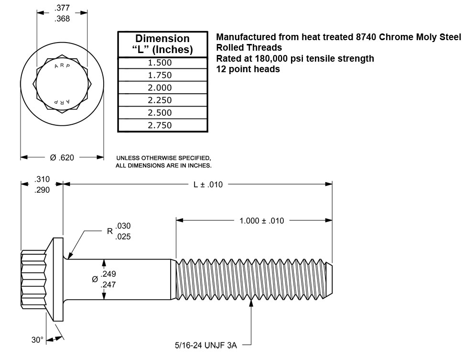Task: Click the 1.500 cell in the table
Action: pyautogui.click(x=163, y=63)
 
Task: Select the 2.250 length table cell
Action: pyautogui.click(x=163, y=100)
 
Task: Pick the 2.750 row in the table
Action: pyautogui.click(x=163, y=125)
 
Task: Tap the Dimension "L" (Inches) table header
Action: pyautogui.click(x=163, y=44)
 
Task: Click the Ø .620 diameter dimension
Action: pyautogui.click(x=62, y=157)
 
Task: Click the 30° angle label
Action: pyautogui.click(x=37, y=340)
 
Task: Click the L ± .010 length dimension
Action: pyautogui.click(x=208, y=185)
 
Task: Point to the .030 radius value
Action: pyautogui.click(x=123, y=226)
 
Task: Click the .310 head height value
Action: pyautogui.click(x=42, y=180)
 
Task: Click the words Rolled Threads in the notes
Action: pyautogui.click(x=249, y=48)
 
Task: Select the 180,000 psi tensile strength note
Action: pyautogui.click(x=295, y=58)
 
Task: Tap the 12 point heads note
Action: pyautogui.click(x=248, y=69)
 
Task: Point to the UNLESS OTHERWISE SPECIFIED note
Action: pyautogui.click(x=164, y=158)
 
